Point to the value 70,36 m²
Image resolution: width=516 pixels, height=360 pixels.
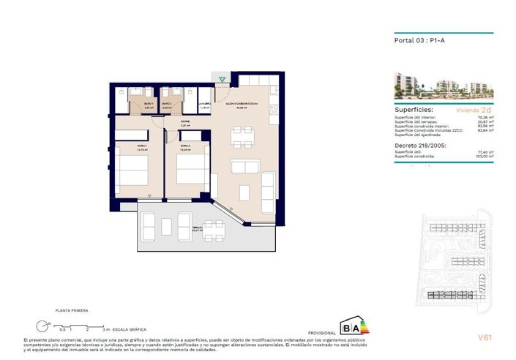pos(485,116)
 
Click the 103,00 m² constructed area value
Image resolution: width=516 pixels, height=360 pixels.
pos(484,156)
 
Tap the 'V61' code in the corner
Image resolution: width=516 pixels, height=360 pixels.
pos(484,337)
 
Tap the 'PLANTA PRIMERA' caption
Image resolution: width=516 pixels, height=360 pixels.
pos(71,311)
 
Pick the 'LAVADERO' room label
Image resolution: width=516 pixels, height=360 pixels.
pos(205,105)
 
